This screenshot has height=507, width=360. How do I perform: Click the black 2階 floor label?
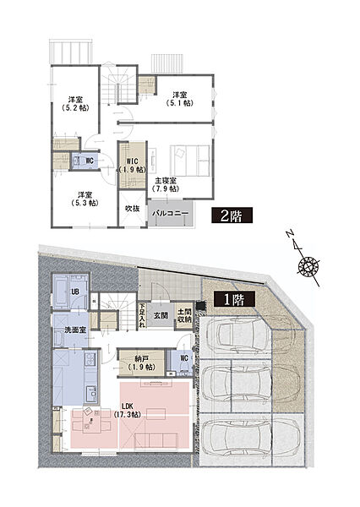[232, 215]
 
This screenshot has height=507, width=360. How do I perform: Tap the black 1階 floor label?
[234, 299]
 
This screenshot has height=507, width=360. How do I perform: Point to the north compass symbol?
[305, 261]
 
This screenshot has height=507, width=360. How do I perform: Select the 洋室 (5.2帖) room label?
[75, 104]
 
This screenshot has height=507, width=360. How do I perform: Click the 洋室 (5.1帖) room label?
[179, 99]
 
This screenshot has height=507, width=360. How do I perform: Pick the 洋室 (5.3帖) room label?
[85, 199]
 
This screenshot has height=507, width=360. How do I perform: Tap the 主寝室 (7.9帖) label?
[166, 184]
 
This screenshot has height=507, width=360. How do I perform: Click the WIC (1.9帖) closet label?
[133, 166]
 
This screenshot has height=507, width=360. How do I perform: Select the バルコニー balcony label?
[170, 214]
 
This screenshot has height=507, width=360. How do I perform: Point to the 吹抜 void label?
[133, 209]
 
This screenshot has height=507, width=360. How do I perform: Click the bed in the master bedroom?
[190, 161]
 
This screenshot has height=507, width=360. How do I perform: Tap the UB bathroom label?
[75, 292]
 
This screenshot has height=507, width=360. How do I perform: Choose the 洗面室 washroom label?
[75, 330]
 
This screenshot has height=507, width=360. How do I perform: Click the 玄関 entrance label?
[161, 315]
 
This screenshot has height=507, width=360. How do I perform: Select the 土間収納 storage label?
[184, 315]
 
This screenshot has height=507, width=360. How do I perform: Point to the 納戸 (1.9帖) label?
[142, 363]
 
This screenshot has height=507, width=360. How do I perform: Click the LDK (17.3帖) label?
[127, 410]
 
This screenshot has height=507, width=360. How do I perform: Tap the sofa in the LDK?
[155, 441]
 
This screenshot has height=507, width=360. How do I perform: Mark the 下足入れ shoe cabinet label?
[142, 315]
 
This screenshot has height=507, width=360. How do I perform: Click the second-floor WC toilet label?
[90, 161]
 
